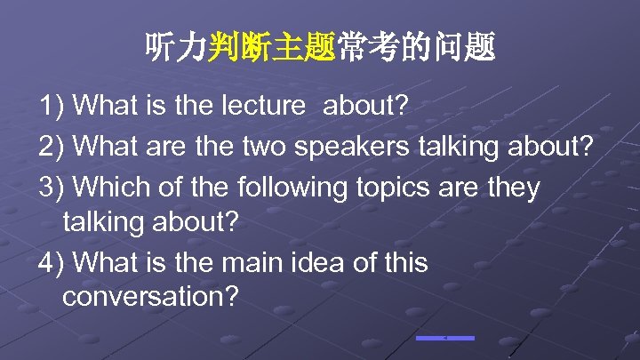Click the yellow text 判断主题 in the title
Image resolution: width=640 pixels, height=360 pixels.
click(271, 47)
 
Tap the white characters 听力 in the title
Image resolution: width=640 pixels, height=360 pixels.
click(176, 47)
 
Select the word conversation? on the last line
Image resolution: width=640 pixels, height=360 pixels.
click(150, 297)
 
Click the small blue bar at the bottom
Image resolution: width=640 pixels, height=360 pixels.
click(444, 338)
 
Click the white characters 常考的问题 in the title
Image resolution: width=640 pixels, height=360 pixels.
click(415, 47)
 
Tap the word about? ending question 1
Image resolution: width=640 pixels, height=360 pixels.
click(365, 107)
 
